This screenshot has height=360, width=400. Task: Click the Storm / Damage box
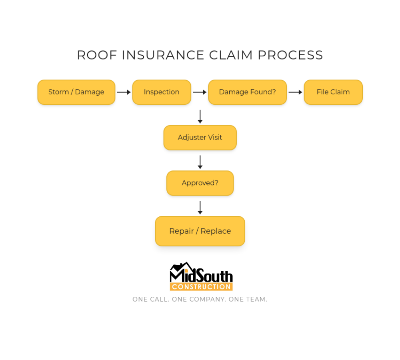[x=76, y=92]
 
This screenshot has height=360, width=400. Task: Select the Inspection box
[x=162, y=92]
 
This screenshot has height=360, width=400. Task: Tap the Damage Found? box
[x=247, y=92]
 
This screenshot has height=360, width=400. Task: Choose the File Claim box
[x=333, y=92]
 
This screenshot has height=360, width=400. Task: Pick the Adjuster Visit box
[x=200, y=138]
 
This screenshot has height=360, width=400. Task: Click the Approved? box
[x=200, y=183]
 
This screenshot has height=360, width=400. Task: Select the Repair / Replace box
[x=200, y=231]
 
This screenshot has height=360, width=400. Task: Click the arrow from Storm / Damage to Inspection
[x=124, y=92]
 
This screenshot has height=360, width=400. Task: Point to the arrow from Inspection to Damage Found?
[x=200, y=92]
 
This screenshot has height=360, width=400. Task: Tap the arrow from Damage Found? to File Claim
[x=295, y=92]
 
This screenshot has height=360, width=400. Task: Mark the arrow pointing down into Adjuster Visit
[x=200, y=116]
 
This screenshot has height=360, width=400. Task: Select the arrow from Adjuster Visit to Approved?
[x=200, y=162]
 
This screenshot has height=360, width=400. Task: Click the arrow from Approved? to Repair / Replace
[x=200, y=208]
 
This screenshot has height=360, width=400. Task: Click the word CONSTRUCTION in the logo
[x=201, y=287]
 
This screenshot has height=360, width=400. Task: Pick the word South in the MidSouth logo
[x=214, y=276]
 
